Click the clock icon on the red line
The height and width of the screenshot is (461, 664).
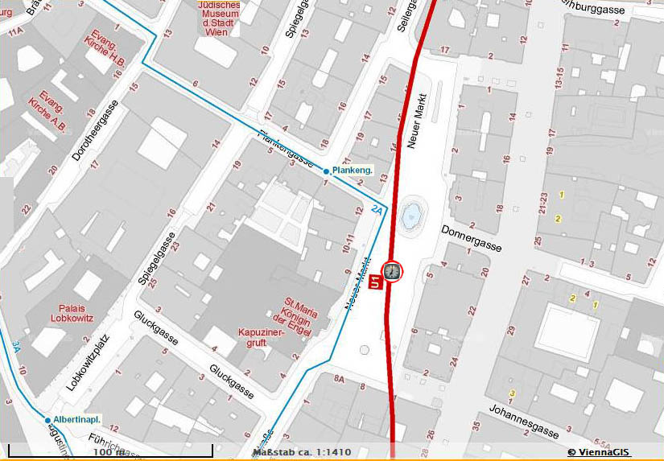click(x=392, y=271)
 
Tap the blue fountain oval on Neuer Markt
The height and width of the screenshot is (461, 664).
click(x=411, y=214)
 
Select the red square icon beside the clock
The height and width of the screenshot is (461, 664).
click(x=374, y=282)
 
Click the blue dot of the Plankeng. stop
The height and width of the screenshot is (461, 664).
click(x=326, y=171)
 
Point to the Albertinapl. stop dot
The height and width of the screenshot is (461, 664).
click(x=47, y=420)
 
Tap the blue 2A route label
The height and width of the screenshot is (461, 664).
click(x=377, y=210)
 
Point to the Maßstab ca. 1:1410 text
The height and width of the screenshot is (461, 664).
click(x=302, y=452)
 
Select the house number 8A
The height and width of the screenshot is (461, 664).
click(x=339, y=377)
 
